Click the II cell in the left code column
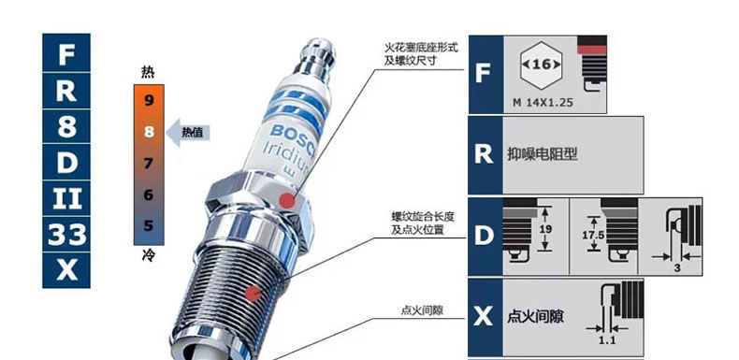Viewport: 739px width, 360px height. coord(66,198)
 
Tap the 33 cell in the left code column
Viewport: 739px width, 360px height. coord(66,235)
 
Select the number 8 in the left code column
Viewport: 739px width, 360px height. coord(66,126)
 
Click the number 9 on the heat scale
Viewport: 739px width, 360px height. coord(149,100)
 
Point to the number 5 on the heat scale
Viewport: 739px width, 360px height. coord(149,225)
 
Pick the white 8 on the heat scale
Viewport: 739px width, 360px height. coord(149,132)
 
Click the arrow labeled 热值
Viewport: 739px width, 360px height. coord(188,133)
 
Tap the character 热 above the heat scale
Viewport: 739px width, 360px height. coord(148,73)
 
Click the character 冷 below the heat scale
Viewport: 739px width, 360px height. coord(148,256)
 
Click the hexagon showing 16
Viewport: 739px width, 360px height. coord(541,65)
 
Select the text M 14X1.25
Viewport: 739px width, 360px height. coord(543,102)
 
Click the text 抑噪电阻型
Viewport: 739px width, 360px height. coord(542,154)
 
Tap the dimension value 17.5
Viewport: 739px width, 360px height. coord(593,234)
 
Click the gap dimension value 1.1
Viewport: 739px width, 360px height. coord(607,339)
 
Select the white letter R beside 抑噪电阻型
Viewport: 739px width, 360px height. coord(484,154)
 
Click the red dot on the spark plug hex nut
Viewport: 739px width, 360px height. coord(286,201)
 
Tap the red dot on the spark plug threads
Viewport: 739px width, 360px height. coord(254,294)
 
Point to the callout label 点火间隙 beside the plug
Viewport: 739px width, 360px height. coord(422,310)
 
